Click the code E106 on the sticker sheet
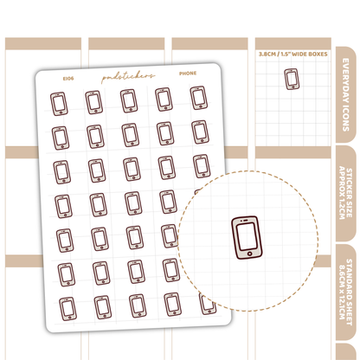coord(68,79)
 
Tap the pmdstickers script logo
coord(128,76)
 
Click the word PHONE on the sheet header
coord(188,74)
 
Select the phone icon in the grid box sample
coord(292,79)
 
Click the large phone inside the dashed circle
coord(247,237)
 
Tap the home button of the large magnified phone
coord(250,254)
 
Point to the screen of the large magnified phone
coord(247,236)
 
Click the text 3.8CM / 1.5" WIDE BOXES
coord(292,54)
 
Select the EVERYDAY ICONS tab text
coord(346,95)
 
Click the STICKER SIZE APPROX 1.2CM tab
coord(346,193)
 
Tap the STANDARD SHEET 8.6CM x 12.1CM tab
coord(346,292)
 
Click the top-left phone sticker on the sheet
coord(59,104)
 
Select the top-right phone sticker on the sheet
coord(199,98)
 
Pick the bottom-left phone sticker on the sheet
coord(68,309)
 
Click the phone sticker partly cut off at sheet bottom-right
coord(208,304)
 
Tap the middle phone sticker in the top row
coord(129,100)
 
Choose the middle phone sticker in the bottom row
coord(138,306)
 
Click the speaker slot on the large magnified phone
coord(245,221)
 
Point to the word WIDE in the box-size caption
coord(299,54)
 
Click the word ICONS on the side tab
coord(346,119)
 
